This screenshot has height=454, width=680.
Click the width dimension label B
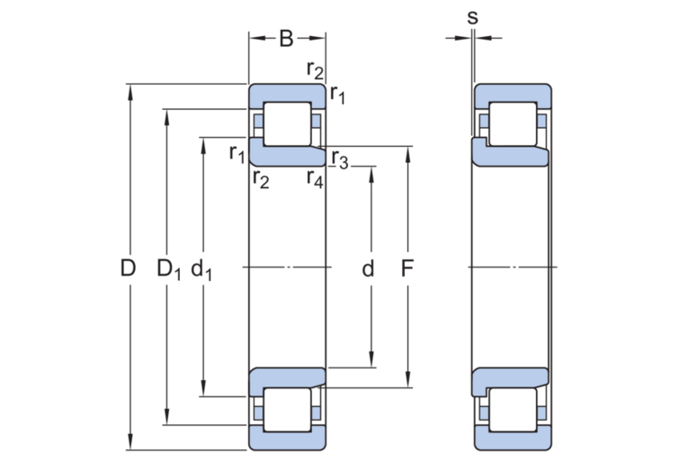[286, 38]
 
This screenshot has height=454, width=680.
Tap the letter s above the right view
[473, 17]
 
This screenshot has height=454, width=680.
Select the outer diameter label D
[128, 268]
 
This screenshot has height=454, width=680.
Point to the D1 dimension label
[169, 269]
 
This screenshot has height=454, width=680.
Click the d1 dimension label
[201, 269]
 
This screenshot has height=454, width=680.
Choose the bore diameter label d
[368, 268]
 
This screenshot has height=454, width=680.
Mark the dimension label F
[407, 268]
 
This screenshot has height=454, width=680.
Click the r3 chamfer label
[340, 159]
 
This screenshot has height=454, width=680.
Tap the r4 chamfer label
[315, 178]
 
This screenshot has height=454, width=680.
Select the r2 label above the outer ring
[315, 69]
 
